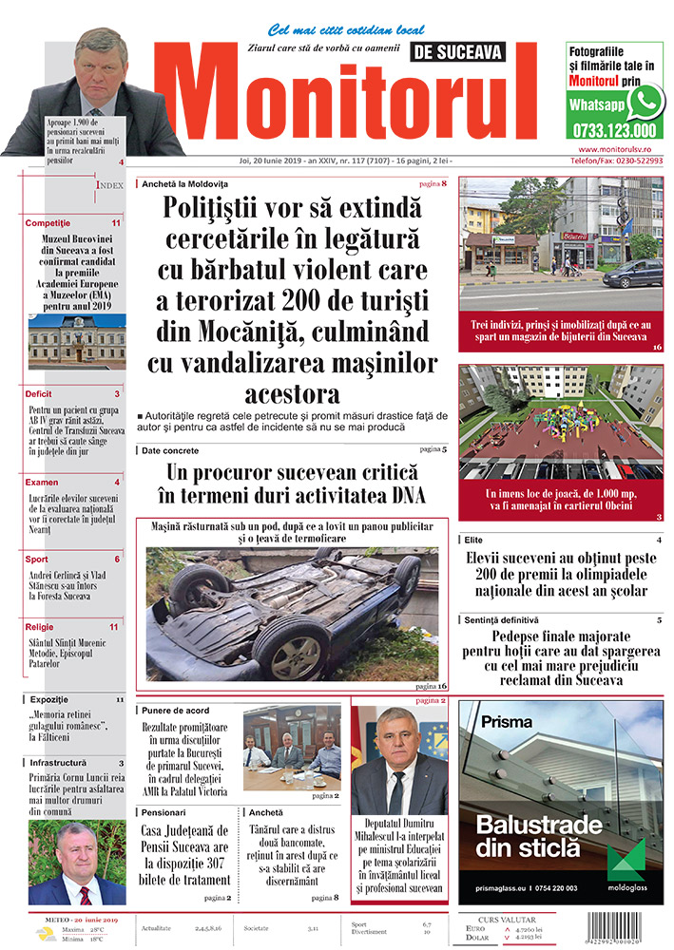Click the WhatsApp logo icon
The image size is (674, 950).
(x=645, y=102)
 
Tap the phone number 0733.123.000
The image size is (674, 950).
(x=614, y=131)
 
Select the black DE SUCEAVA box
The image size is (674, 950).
(x=458, y=52)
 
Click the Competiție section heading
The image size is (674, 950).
(x=48, y=222)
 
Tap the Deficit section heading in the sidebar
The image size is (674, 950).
(x=39, y=393)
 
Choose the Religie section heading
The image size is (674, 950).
(x=40, y=627)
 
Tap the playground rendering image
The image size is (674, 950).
(x=561, y=423)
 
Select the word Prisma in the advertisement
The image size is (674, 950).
(x=507, y=721)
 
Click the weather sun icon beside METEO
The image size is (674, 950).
(x=45, y=933)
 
